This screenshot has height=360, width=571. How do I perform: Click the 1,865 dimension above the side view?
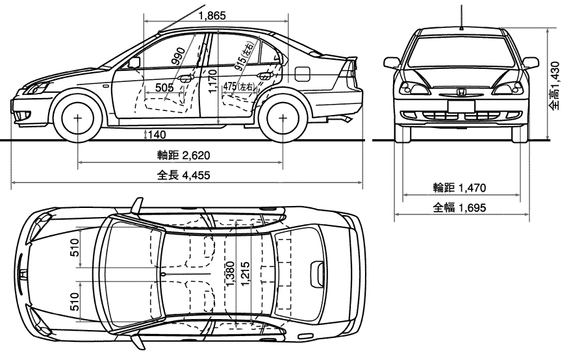point(212,16)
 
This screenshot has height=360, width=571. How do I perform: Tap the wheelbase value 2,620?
point(196,155)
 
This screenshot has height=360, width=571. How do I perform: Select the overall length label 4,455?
point(196,175)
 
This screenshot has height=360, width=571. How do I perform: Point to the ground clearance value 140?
point(157,135)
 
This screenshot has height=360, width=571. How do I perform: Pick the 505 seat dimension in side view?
point(164,88)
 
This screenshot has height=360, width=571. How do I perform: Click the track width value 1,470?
point(472,188)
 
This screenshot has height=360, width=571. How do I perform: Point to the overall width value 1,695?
point(472,208)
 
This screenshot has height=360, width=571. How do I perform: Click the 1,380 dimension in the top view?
point(230,274)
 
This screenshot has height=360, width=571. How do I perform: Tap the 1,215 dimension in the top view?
point(246,274)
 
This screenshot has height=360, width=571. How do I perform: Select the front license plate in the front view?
point(461,106)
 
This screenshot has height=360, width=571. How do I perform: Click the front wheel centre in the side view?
point(77,118)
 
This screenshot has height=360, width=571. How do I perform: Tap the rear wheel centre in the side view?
point(283,118)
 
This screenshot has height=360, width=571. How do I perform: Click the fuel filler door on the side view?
point(302,74)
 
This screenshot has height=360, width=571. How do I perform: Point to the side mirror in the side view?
point(134,62)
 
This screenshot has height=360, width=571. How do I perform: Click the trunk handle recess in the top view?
point(317,274)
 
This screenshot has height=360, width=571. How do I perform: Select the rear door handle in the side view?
point(265,75)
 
